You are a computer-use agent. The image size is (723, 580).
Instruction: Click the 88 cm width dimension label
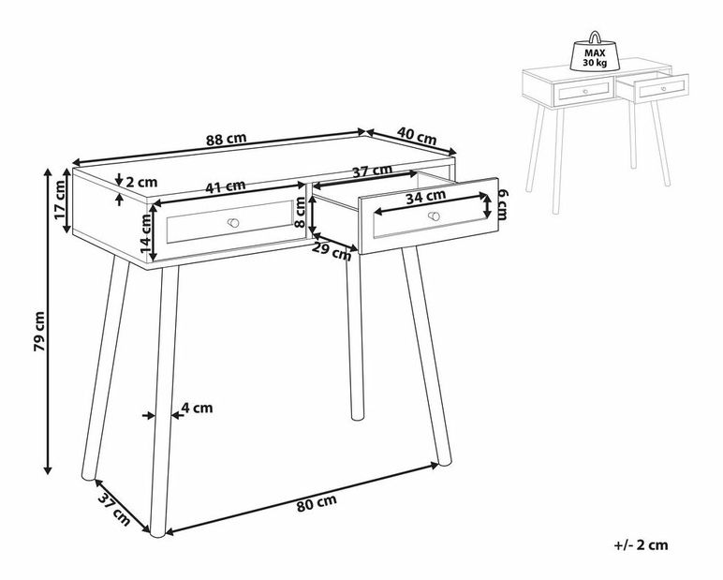click(226, 139)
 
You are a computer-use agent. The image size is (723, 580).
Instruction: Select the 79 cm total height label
click(39, 332)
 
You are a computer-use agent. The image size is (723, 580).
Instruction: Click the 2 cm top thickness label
click(141, 183)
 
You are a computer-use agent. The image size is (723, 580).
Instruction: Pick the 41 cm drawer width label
click(226, 186)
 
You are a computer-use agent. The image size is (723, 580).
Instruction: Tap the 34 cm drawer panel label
click(425, 197)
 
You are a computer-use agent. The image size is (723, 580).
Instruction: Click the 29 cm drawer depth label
click(332, 251)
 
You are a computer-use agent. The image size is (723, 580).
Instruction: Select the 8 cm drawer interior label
click(301, 213)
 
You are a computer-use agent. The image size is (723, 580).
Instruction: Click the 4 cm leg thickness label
click(197, 408)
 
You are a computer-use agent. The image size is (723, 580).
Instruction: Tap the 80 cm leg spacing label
click(317, 502)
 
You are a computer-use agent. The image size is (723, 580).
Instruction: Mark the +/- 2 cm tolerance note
click(641, 545)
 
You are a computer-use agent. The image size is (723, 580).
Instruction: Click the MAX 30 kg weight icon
click(595, 52)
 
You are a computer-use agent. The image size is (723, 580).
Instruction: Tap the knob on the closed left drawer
click(234, 223)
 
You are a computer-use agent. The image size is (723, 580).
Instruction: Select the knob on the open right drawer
click(434, 216)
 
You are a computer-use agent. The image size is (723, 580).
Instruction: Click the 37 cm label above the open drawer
click(373, 171)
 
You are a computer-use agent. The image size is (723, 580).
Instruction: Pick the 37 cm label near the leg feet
click(114, 510)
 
